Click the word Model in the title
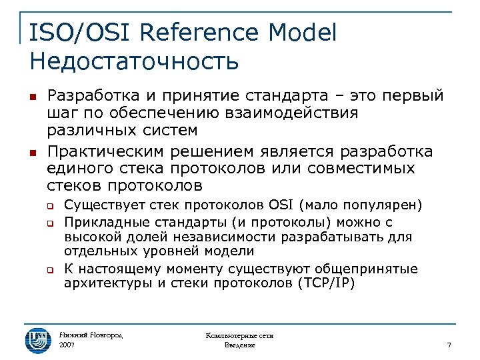(x=304, y=33)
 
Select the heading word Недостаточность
(x=134, y=61)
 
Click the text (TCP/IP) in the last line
(x=324, y=283)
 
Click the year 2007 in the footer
(x=67, y=345)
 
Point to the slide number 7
(x=449, y=345)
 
